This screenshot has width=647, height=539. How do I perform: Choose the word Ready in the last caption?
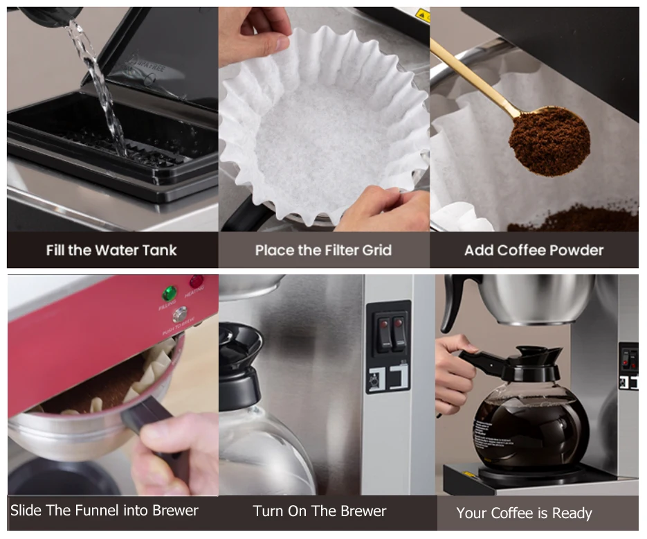pos(571,513)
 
